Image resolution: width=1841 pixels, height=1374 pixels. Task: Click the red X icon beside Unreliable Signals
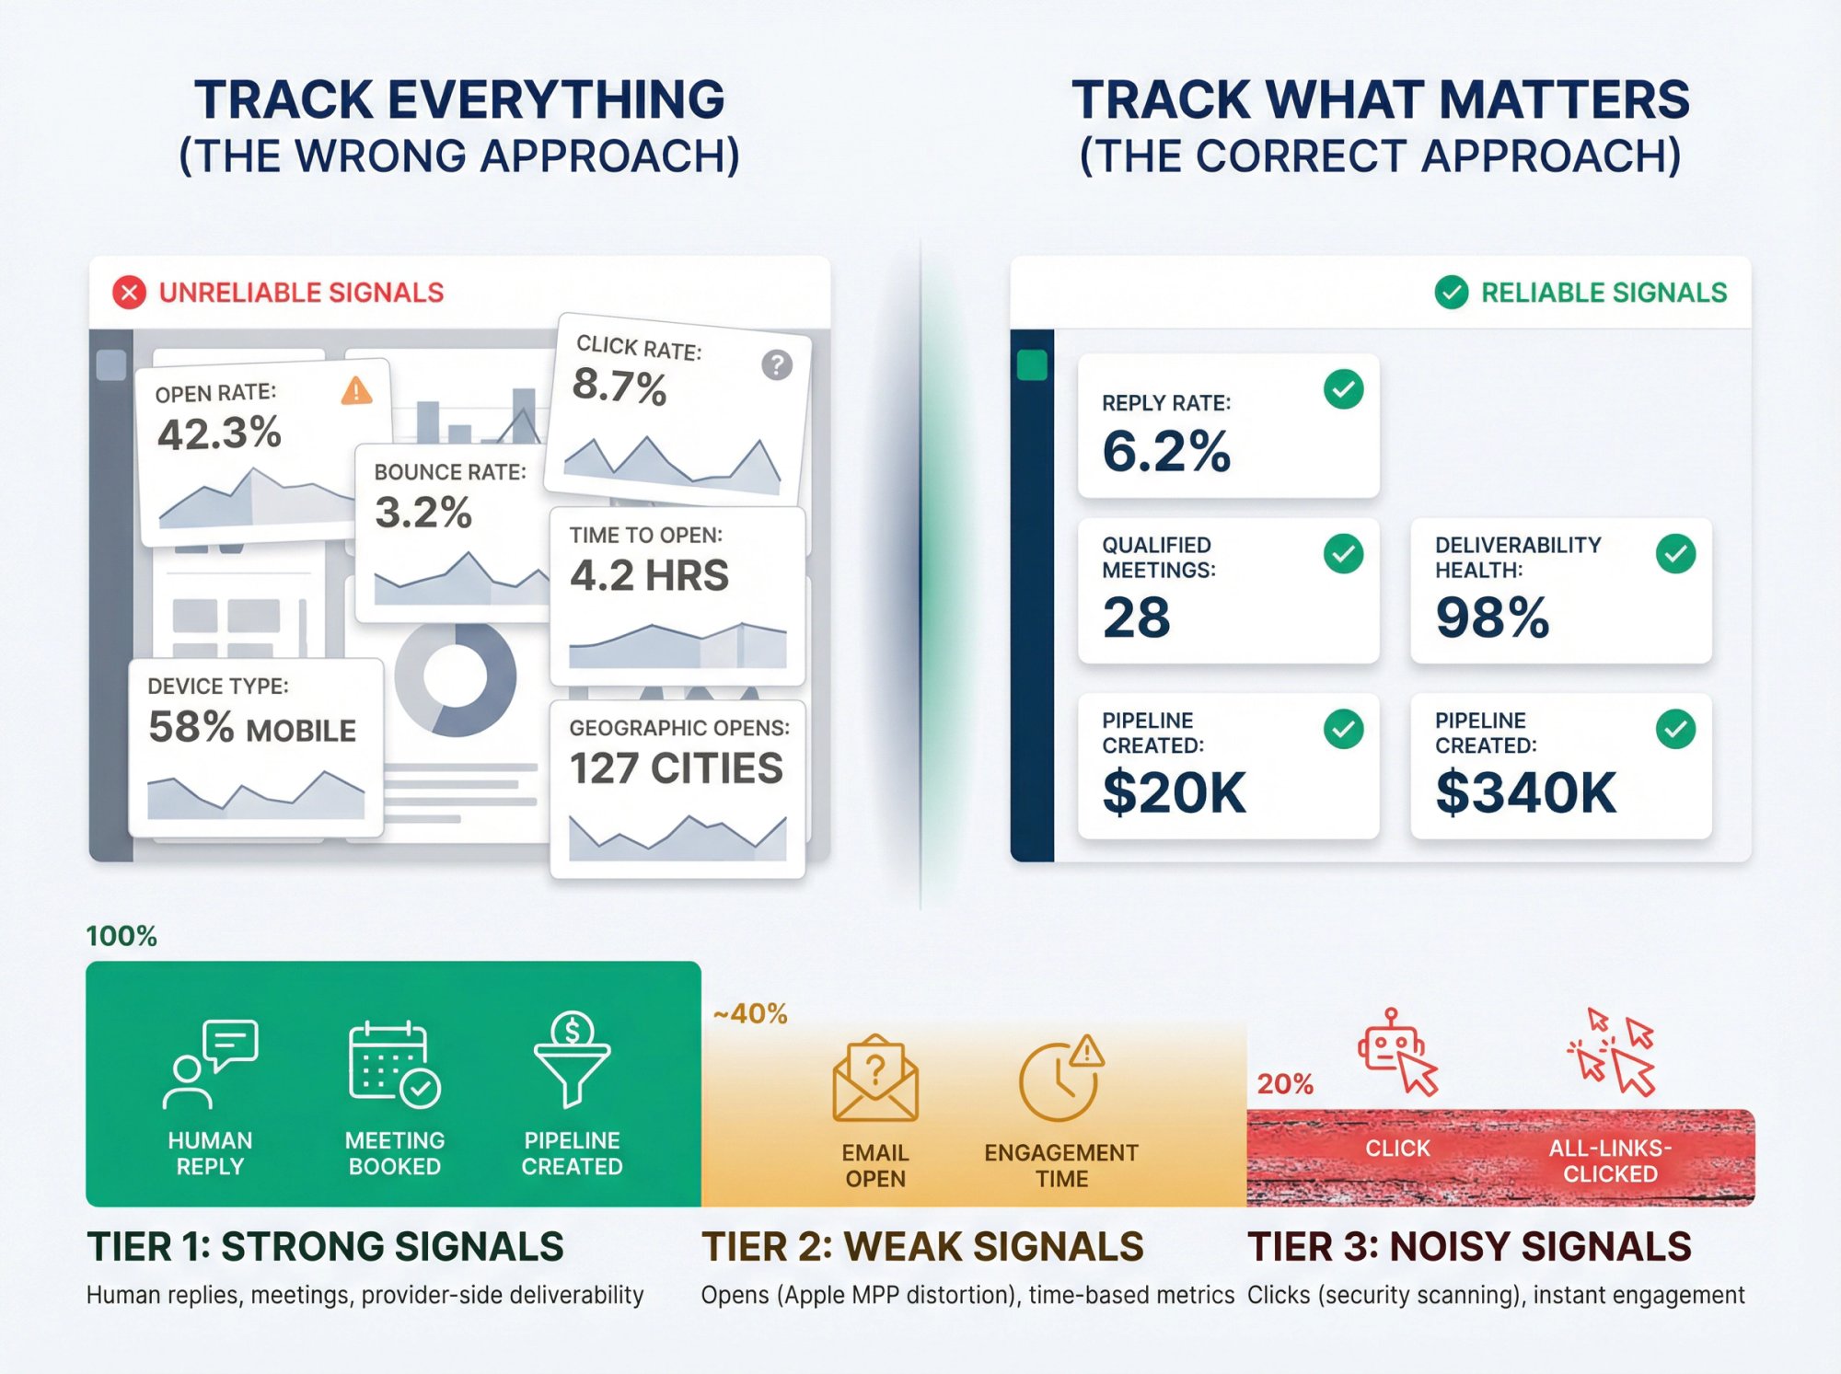(x=129, y=293)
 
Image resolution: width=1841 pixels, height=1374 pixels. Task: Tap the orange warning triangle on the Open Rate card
(x=356, y=391)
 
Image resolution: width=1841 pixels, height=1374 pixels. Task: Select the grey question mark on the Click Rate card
(x=777, y=365)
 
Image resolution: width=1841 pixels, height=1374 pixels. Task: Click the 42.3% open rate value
(x=219, y=433)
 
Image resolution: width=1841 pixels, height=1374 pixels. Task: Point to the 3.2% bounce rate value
(x=423, y=513)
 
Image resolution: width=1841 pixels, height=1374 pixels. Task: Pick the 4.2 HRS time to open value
(x=649, y=576)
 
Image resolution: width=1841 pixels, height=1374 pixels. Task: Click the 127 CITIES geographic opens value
(x=676, y=768)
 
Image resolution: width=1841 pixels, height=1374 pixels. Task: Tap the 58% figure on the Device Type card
(x=191, y=727)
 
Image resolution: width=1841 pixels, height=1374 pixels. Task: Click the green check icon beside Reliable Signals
(x=1451, y=293)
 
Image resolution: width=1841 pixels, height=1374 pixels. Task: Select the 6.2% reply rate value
(x=1166, y=451)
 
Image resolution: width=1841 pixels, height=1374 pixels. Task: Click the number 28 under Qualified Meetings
(x=1137, y=618)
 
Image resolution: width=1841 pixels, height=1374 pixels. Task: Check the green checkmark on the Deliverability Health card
(x=1675, y=554)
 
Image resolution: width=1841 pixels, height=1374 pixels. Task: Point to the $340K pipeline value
(x=1525, y=792)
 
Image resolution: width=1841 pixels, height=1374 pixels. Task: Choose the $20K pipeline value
(x=1174, y=792)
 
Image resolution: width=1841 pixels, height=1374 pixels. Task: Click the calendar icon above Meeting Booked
(x=394, y=1064)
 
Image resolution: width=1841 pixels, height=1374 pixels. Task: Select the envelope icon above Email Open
(x=874, y=1078)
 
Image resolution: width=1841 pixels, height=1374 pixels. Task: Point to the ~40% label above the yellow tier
(x=750, y=1014)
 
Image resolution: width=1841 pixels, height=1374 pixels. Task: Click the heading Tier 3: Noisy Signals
(x=1469, y=1247)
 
